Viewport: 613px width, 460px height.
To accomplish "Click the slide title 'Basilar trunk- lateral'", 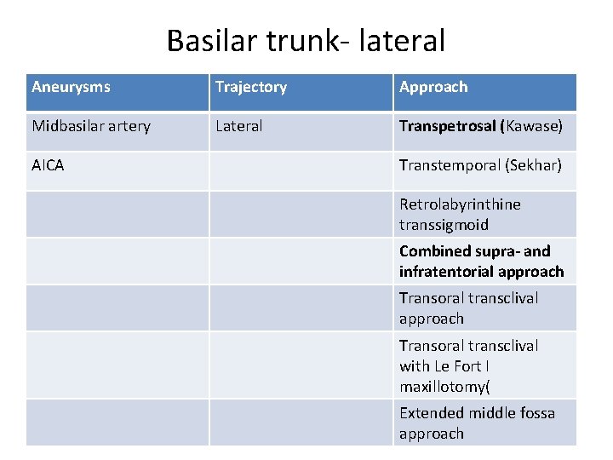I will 306,39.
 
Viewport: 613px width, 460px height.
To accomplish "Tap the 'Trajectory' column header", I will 250,87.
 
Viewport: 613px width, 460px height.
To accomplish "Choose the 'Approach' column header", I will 433,87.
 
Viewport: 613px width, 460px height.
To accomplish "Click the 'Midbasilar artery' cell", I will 91,126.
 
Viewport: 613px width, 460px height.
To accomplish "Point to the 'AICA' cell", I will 48,165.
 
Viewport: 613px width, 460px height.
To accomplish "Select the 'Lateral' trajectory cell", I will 238,126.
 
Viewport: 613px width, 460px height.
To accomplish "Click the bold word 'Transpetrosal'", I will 447,126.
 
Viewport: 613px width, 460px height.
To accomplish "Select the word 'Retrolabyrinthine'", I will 460,204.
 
